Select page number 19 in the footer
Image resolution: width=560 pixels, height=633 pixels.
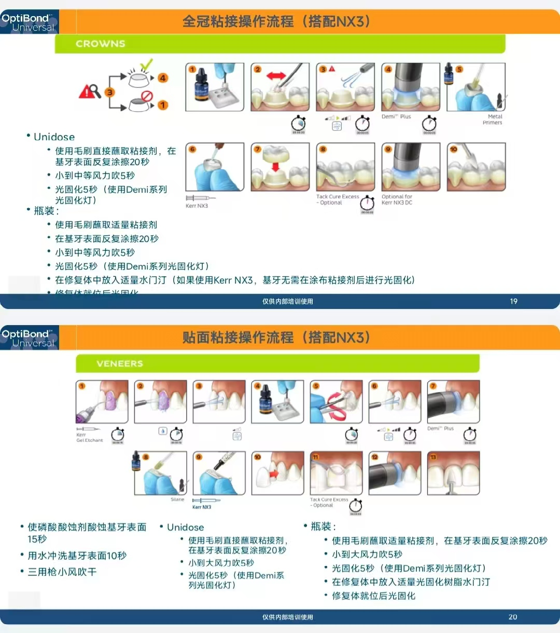click(x=513, y=301)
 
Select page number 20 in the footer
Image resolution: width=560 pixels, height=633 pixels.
click(x=512, y=617)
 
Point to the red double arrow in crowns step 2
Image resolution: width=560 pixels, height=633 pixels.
click(x=276, y=76)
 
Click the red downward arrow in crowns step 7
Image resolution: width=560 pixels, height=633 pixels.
click(x=275, y=166)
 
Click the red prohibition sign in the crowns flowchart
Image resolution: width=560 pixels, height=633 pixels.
click(x=147, y=96)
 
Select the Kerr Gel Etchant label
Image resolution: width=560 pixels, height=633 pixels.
click(x=89, y=437)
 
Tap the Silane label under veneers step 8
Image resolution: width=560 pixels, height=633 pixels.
click(x=177, y=500)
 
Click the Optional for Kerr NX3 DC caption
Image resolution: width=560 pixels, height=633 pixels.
click(x=397, y=200)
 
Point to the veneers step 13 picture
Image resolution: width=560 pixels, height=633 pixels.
click(x=453, y=473)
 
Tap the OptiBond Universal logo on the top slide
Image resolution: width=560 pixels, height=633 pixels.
click(x=29, y=22)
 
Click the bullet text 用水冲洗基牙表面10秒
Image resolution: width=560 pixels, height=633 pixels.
click(x=77, y=556)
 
